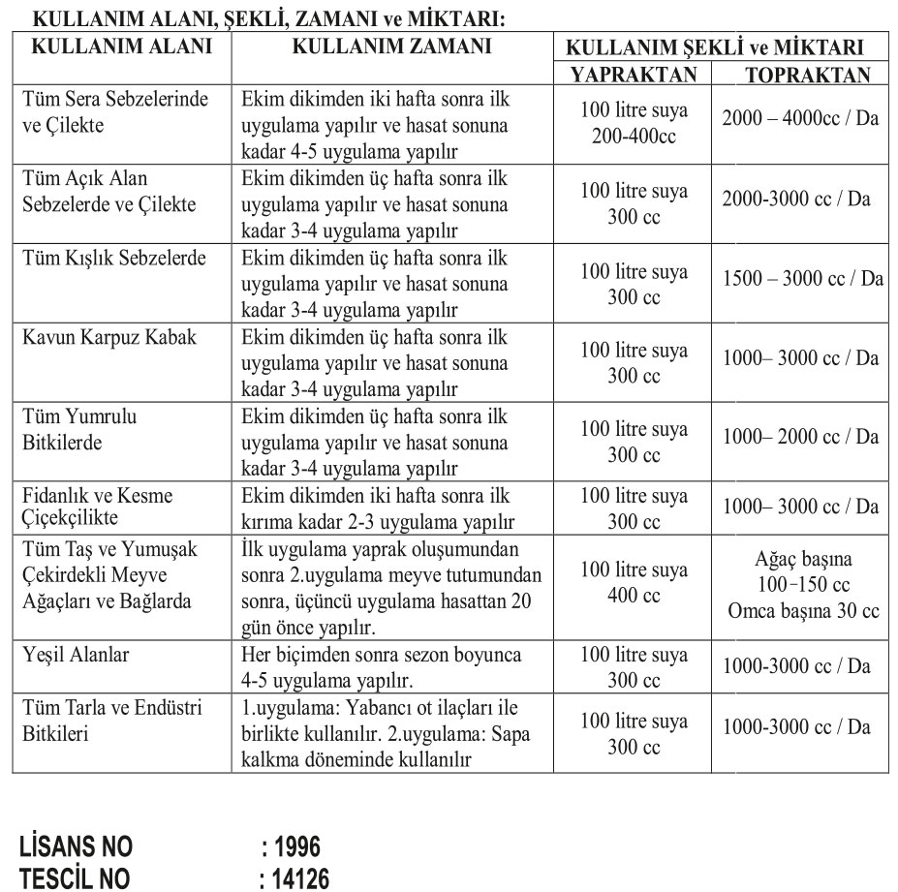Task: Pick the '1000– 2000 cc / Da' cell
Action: [x=801, y=437]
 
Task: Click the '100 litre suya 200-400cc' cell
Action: [x=634, y=124]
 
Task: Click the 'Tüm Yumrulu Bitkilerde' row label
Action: [x=79, y=430]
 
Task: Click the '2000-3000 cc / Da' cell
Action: [x=796, y=199]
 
